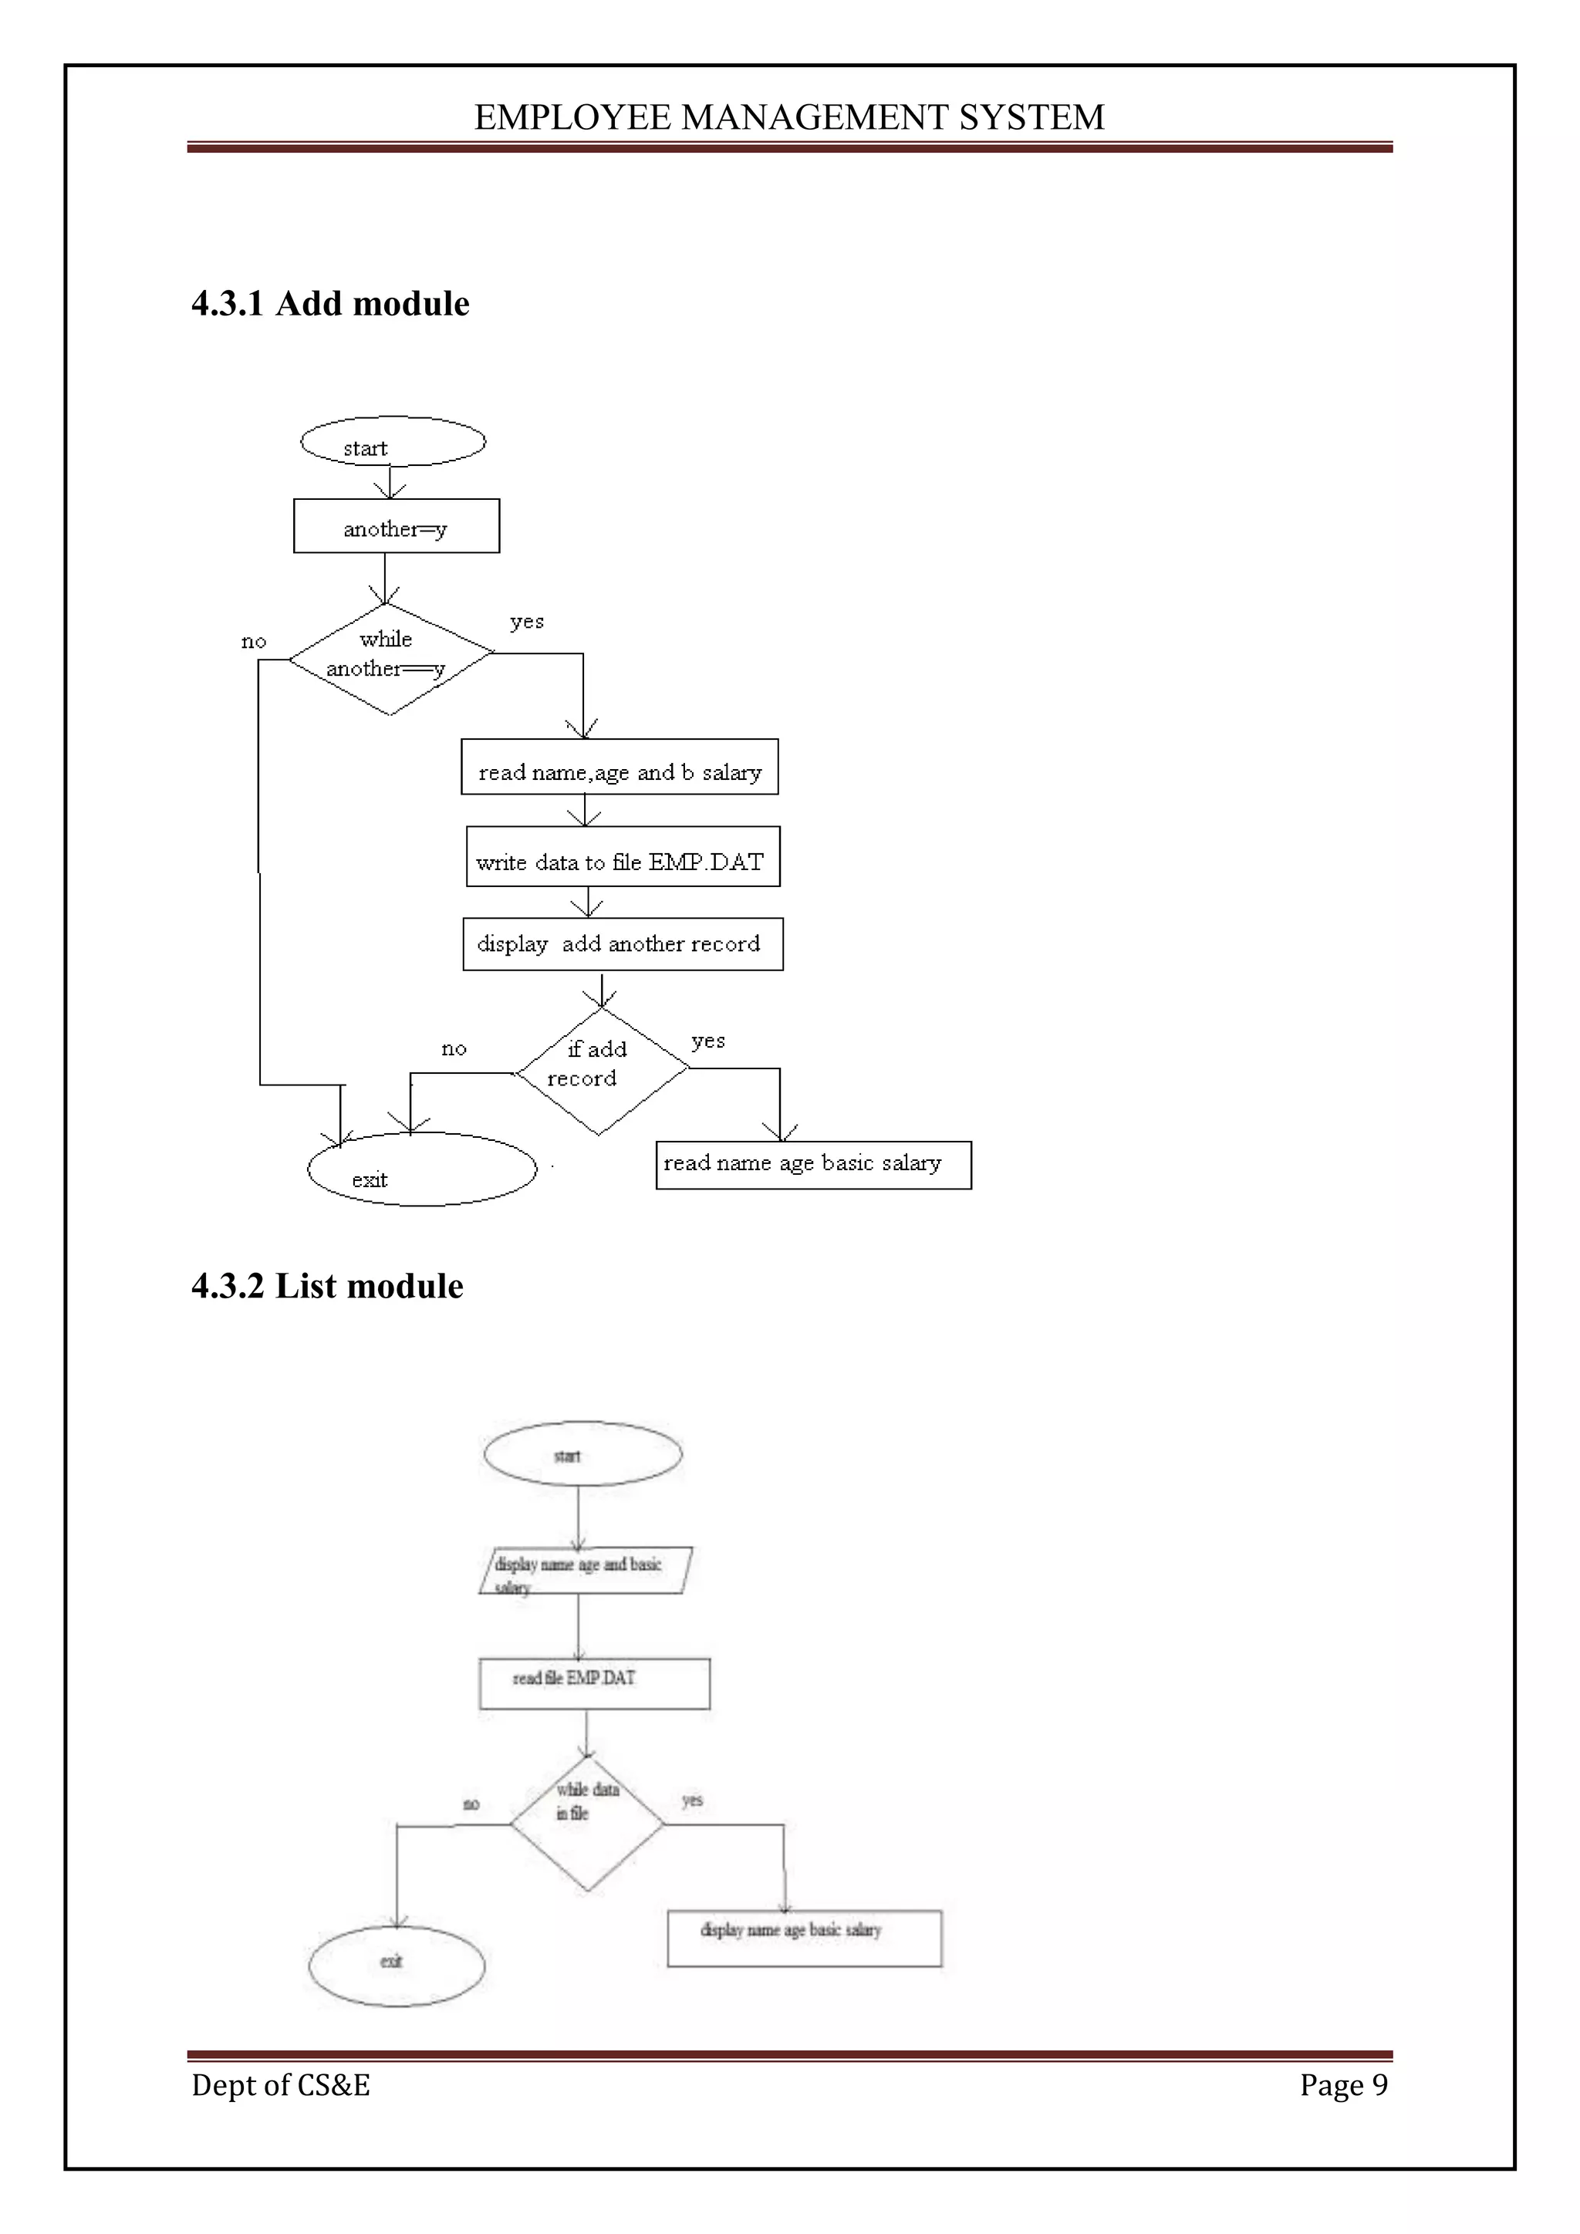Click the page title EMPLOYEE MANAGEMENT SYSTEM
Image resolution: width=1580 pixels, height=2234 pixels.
(x=789, y=118)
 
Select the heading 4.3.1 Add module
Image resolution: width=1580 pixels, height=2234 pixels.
(x=330, y=304)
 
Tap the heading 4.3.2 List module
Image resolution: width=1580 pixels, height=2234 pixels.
(x=327, y=1286)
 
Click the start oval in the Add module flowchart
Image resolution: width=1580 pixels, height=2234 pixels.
(x=392, y=443)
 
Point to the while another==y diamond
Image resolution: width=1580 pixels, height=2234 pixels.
(x=390, y=659)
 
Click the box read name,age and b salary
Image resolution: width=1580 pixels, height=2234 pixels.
(x=619, y=768)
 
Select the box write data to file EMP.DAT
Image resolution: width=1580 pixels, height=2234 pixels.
(x=623, y=857)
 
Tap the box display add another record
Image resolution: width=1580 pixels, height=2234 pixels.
(x=623, y=943)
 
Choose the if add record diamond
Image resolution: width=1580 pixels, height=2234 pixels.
(x=601, y=1070)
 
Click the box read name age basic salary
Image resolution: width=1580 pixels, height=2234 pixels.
(x=812, y=1165)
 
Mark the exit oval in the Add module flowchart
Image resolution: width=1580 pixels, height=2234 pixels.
(x=421, y=1169)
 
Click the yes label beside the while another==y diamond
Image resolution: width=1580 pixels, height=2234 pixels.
(x=526, y=622)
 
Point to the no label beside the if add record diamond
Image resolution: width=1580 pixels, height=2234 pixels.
(x=454, y=1049)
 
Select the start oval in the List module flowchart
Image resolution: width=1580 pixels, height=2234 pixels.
(x=582, y=1453)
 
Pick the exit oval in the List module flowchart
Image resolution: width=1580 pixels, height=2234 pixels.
(x=396, y=1966)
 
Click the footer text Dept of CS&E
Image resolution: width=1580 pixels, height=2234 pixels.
(x=280, y=2084)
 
